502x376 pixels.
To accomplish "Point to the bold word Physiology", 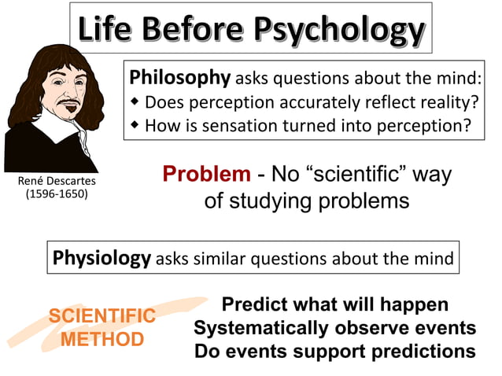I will (102, 257).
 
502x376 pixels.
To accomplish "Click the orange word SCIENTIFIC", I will (102, 316).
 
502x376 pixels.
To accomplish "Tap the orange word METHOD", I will (102, 340).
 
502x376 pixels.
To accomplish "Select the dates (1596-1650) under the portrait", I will (53, 194).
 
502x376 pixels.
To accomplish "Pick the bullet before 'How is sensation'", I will (135, 126).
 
